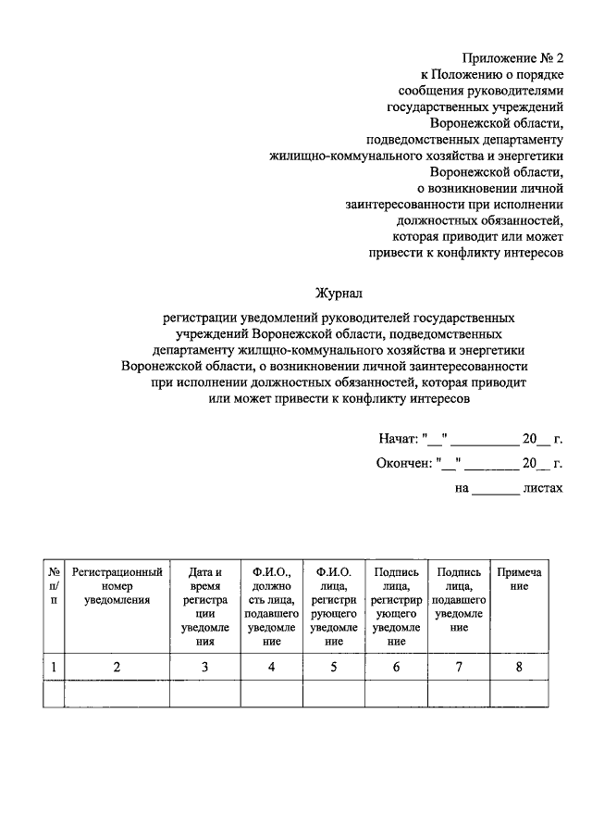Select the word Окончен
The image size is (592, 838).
click(x=403, y=463)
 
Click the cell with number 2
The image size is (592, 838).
click(x=117, y=666)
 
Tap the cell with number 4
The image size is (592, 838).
click(x=271, y=666)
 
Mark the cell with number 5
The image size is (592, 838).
click(x=334, y=666)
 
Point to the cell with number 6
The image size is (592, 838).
click(x=397, y=666)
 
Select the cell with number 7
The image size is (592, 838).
click(x=458, y=666)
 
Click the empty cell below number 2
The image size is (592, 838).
click(x=117, y=694)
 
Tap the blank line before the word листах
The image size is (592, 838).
click(x=496, y=491)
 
